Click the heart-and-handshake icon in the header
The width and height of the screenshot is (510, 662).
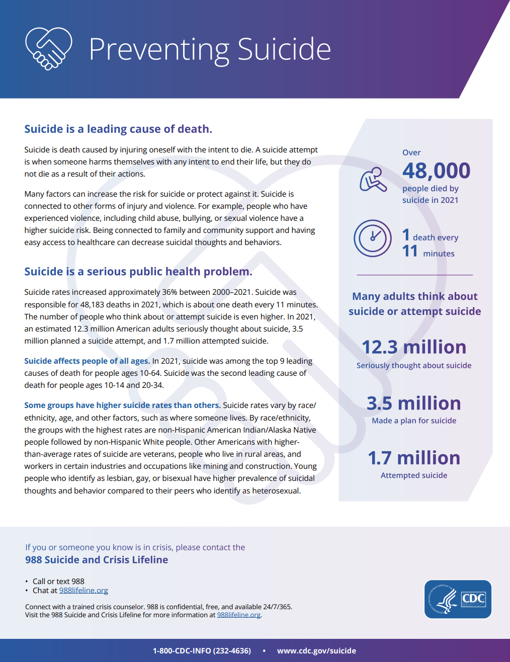[x=48, y=49]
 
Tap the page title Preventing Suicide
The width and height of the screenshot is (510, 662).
[x=210, y=49]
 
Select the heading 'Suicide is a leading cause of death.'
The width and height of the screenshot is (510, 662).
[x=118, y=129]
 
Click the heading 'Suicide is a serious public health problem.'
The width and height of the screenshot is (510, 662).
[x=138, y=272]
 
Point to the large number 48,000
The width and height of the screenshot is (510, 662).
[x=436, y=171]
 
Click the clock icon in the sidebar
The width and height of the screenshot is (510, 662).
[x=373, y=238]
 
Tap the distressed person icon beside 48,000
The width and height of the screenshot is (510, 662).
[x=373, y=179]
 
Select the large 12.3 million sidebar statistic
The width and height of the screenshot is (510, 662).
[x=414, y=347]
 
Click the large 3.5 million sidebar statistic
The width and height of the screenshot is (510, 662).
[x=414, y=403]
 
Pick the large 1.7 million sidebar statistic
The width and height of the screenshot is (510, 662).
[x=414, y=458]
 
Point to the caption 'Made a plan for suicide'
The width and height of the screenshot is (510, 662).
[x=414, y=421]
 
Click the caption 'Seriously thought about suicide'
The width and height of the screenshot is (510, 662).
[x=414, y=366]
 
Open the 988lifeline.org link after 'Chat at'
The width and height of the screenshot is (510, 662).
[x=83, y=591]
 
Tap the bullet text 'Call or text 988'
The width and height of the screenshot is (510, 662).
[x=58, y=582]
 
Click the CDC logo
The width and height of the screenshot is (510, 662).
[x=458, y=599]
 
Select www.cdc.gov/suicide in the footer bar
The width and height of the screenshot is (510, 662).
[x=316, y=650]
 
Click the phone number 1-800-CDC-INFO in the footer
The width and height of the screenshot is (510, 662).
[x=202, y=650]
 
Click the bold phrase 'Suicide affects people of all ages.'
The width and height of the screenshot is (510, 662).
[x=87, y=361]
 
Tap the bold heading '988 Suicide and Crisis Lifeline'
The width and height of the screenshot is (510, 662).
[x=97, y=560]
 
